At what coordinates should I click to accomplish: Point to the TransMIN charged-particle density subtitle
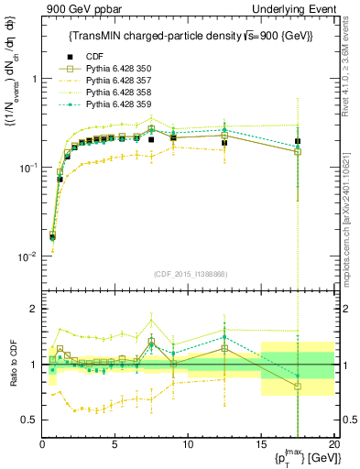[188, 36]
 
